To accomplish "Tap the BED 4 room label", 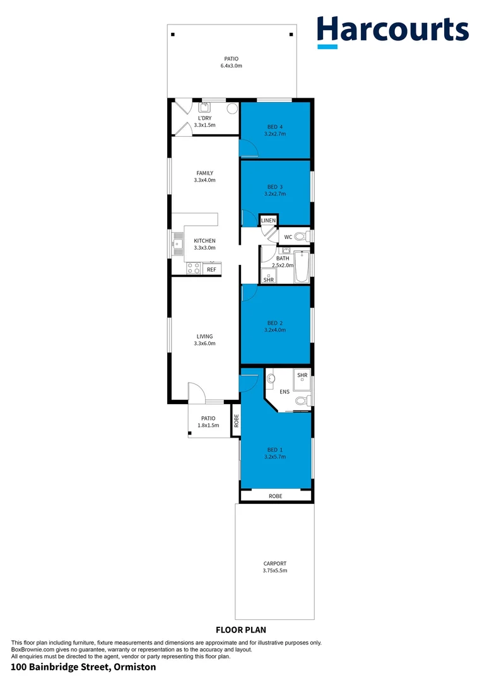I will (275, 127).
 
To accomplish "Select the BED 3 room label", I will (275, 187).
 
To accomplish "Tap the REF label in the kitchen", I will (211, 270).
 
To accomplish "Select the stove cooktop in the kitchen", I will (194, 270).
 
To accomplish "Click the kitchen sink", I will (177, 240).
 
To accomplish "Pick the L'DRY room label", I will (204, 118).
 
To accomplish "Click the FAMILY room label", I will (204, 173).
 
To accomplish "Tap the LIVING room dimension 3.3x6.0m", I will (204, 344).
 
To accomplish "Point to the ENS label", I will (285, 392).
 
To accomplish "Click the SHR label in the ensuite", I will (302, 375).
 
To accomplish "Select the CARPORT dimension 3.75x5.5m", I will (275, 571).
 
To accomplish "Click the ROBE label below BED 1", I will (275, 496).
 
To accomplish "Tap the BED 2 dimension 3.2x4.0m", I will (275, 330).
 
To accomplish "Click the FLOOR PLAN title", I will (241, 629).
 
